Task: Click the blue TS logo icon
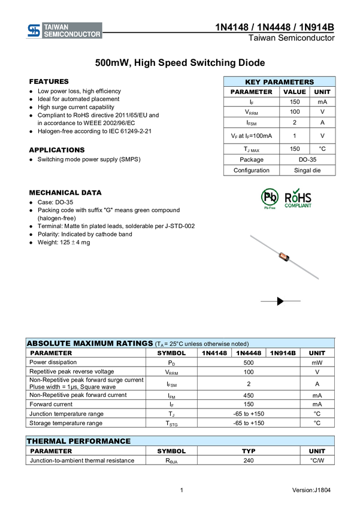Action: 34,31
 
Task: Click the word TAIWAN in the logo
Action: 57,27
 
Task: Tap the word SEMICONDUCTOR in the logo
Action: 72,35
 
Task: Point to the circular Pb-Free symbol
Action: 270,197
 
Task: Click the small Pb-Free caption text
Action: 270,208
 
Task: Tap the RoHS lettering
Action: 298,198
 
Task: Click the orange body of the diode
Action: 283,257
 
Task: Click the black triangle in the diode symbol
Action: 280,301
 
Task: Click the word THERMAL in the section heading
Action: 45,441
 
